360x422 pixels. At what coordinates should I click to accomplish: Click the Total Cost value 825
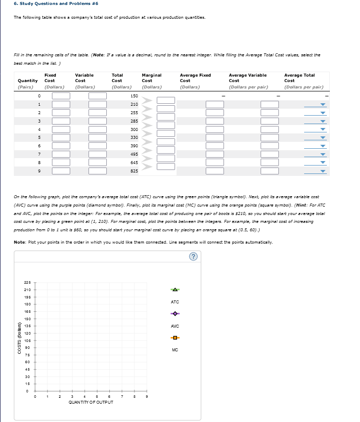pyautogui.click(x=134, y=171)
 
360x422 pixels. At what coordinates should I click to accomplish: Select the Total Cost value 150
pyautogui.click(x=134, y=95)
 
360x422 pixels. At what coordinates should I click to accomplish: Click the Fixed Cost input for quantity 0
pyautogui.click(x=61, y=96)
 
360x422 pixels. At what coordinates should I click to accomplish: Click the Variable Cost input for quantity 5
pyautogui.click(x=97, y=138)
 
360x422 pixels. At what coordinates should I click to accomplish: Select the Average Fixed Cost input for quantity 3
pyautogui.click(x=215, y=121)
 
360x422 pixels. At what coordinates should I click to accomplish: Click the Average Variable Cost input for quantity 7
pyautogui.click(x=270, y=155)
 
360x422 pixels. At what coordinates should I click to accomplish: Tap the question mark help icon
pyautogui.click(x=194, y=256)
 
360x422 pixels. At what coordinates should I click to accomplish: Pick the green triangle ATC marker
pyautogui.click(x=175, y=289)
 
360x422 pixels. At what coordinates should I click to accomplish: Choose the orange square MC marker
pyautogui.click(x=175, y=338)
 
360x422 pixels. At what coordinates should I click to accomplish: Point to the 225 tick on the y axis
pyautogui.click(x=27, y=282)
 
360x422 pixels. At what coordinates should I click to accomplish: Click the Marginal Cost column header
pyautogui.click(x=151, y=78)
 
